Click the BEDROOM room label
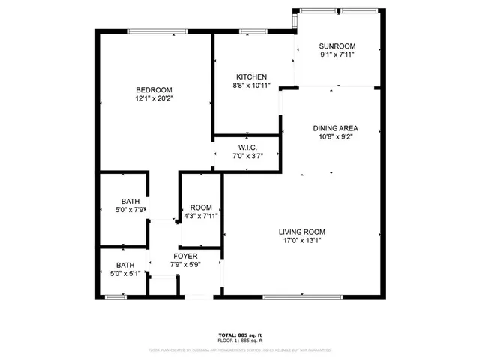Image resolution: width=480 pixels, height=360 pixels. pyautogui.click(x=154, y=90)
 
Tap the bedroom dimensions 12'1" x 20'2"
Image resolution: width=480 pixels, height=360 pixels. pyautogui.click(x=154, y=99)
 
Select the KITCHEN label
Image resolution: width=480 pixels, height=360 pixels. pyautogui.click(x=251, y=77)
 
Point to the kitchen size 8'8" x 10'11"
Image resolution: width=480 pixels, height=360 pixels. pyautogui.click(x=251, y=86)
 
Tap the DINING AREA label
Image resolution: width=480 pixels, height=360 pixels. pyautogui.click(x=331, y=128)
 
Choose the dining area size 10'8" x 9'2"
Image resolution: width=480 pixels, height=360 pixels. pyautogui.click(x=331, y=137)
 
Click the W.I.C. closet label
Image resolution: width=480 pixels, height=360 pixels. pyautogui.click(x=248, y=147)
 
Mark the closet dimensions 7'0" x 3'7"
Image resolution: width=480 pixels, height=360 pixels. pyautogui.click(x=248, y=156)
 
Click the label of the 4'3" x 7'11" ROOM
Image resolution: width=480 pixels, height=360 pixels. pyautogui.click(x=201, y=208)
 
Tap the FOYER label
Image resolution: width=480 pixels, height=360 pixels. pyautogui.click(x=186, y=256)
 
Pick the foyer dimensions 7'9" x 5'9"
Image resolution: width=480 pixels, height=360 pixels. pyautogui.click(x=186, y=265)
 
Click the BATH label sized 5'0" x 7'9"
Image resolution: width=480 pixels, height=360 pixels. pyautogui.click(x=130, y=201)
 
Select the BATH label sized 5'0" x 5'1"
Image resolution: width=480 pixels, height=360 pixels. pyautogui.click(x=124, y=265)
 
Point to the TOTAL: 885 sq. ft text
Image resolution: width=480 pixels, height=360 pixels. pyautogui.click(x=239, y=334)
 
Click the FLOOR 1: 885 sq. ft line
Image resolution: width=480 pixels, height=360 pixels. pyautogui.click(x=239, y=340)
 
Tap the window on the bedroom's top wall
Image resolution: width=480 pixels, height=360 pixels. pyautogui.click(x=152, y=31)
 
